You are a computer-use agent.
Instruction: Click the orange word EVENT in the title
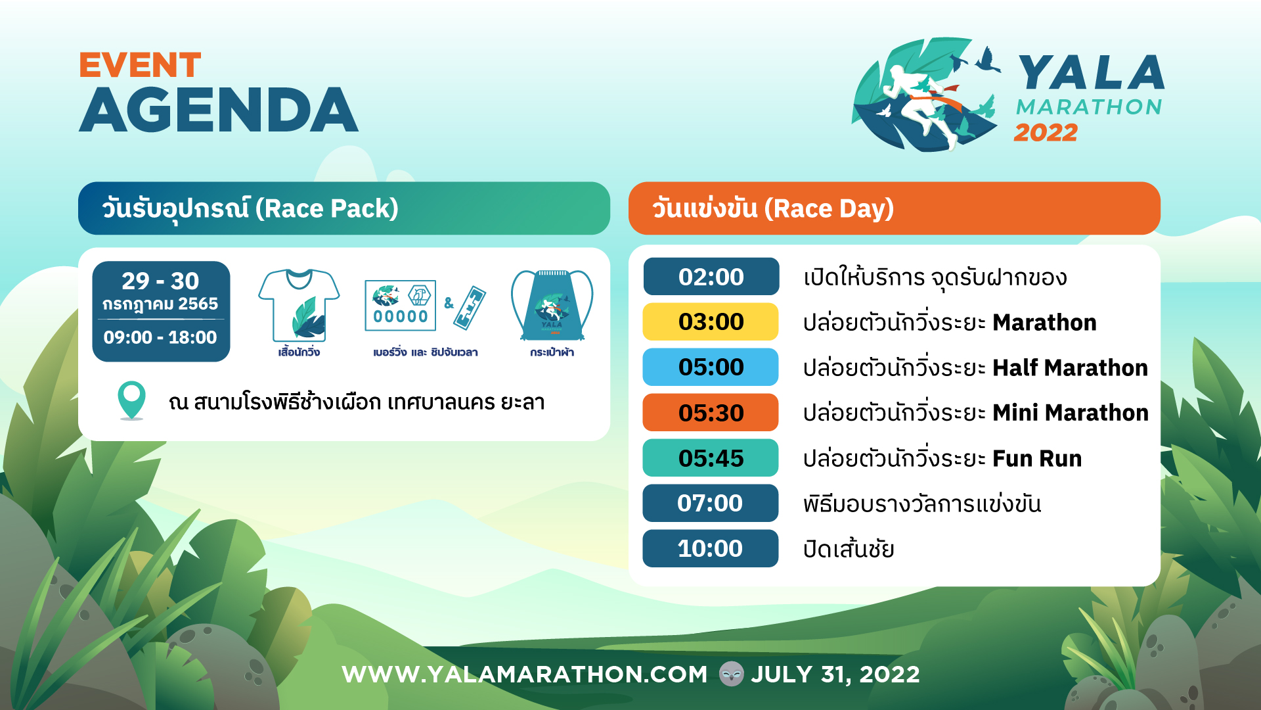(x=140, y=65)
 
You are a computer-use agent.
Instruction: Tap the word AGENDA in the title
(x=219, y=110)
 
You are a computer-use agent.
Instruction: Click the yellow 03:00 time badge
(x=711, y=322)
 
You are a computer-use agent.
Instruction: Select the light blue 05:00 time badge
(x=711, y=367)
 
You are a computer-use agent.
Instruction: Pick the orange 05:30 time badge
(x=711, y=413)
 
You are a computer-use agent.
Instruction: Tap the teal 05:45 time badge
(x=711, y=458)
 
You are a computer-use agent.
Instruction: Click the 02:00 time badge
(x=711, y=277)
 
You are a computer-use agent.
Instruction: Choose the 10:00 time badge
(x=711, y=549)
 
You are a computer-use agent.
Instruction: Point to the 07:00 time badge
(x=711, y=504)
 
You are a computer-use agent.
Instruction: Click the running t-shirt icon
(x=299, y=305)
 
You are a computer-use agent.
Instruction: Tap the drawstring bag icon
(x=552, y=305)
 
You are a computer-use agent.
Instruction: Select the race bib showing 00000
(x=401, y=306)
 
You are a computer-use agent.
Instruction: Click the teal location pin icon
(x=131, y=400)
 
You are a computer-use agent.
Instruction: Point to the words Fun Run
(x=1037, y=459)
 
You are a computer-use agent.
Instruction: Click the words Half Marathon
(x=1070, y=368)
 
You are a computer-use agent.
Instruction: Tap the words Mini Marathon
(x=1071, y=413)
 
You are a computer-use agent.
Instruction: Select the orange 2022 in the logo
(x=1046, y=133)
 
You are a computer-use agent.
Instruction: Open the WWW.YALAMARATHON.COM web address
(x=525, y=674)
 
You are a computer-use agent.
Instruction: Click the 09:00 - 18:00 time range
(x=160, y=338)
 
